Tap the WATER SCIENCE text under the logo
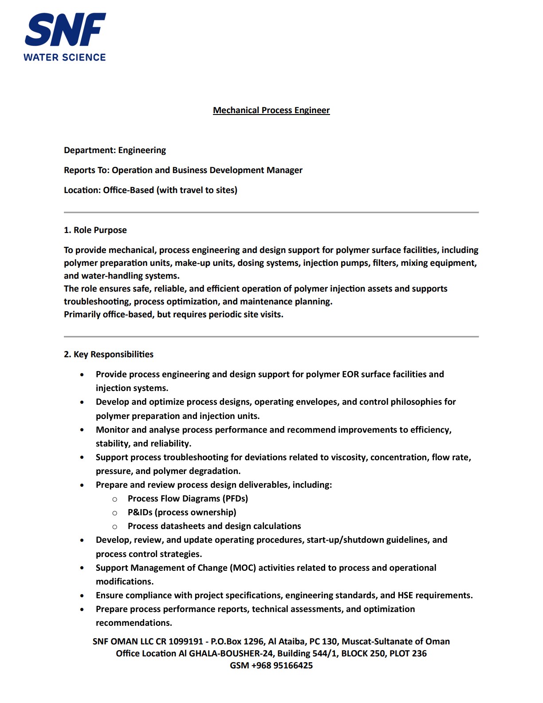tap(65, 57)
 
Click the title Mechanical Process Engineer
tap(271, 110)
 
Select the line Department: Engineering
tap(115, 150)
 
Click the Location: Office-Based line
tap(150, 190)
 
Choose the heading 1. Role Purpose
tap(95, 230)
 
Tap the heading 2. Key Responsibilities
tap(109, 354)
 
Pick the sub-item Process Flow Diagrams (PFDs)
tap(188, 498)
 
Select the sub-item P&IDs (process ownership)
tap(182, 512)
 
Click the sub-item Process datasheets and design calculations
tap(214, 526)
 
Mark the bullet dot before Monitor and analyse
tap(82, 430)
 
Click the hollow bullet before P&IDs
tap(115, 513)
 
